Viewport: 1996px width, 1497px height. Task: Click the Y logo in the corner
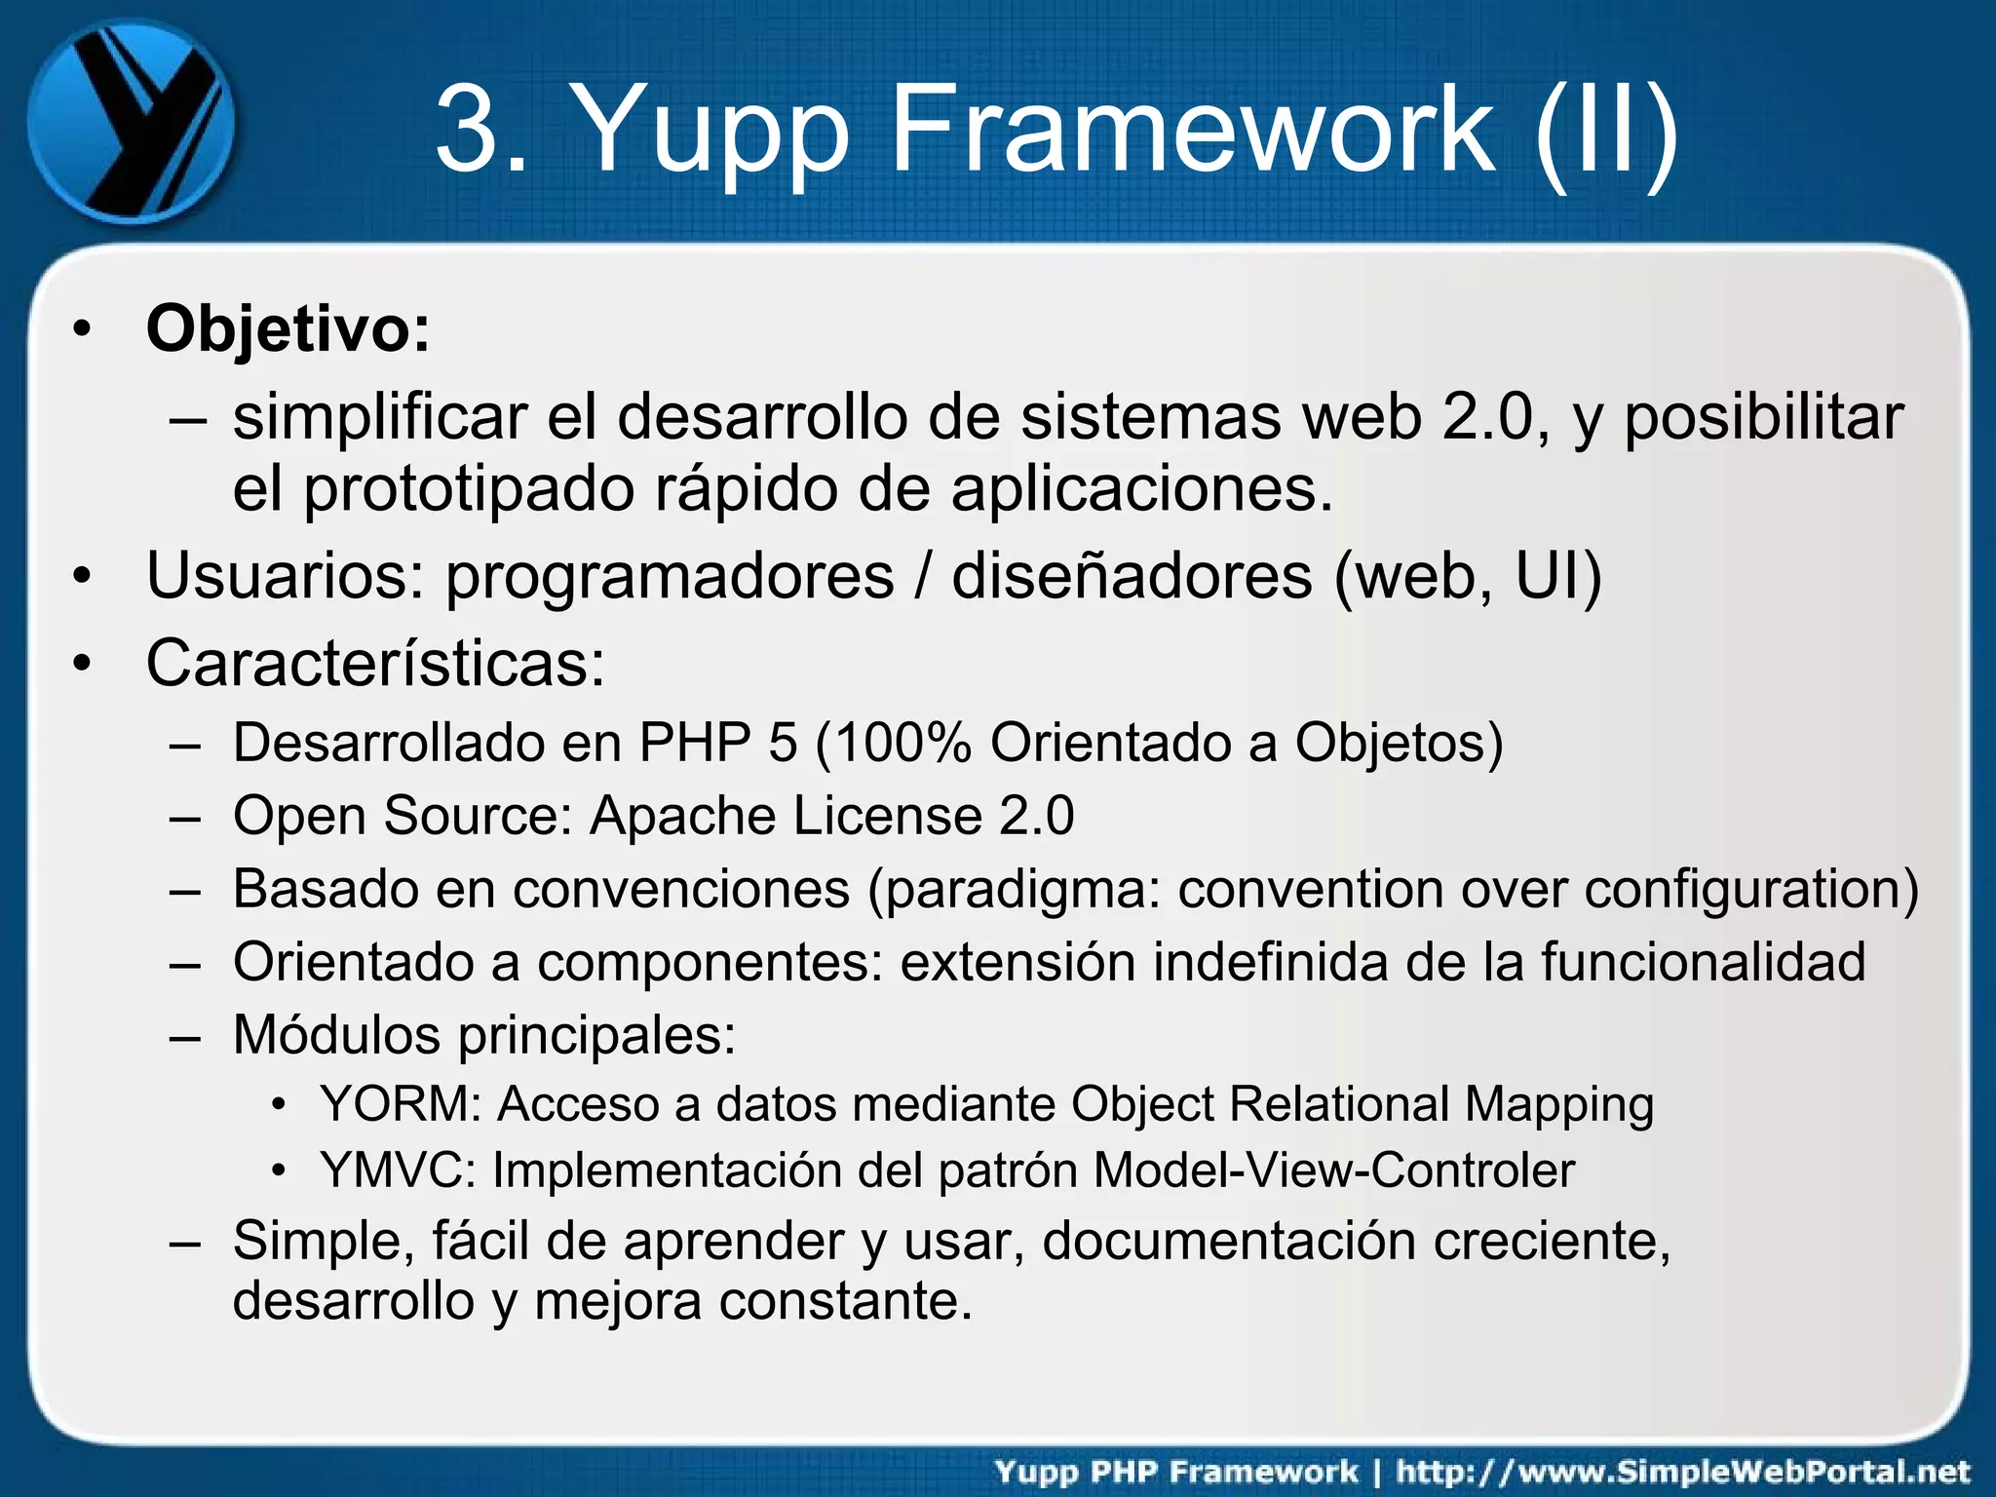point(131,122)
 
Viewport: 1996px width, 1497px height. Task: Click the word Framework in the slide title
point(1192,128)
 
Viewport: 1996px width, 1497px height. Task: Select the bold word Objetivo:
point(288,329)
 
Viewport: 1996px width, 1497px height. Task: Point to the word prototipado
point(468,489)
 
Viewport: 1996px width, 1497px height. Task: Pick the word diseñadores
point(1132,577)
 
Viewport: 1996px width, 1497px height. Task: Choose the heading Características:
point(375,665)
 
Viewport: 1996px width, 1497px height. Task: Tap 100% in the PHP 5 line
point(902,744)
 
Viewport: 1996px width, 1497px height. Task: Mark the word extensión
point(1017,963)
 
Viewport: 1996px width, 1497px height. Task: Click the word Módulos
point(336,1035)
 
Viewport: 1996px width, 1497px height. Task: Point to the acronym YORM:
point(401,1105)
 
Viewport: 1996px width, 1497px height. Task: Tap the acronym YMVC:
point(398,1171)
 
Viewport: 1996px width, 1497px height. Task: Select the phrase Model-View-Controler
point(1333,1171)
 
